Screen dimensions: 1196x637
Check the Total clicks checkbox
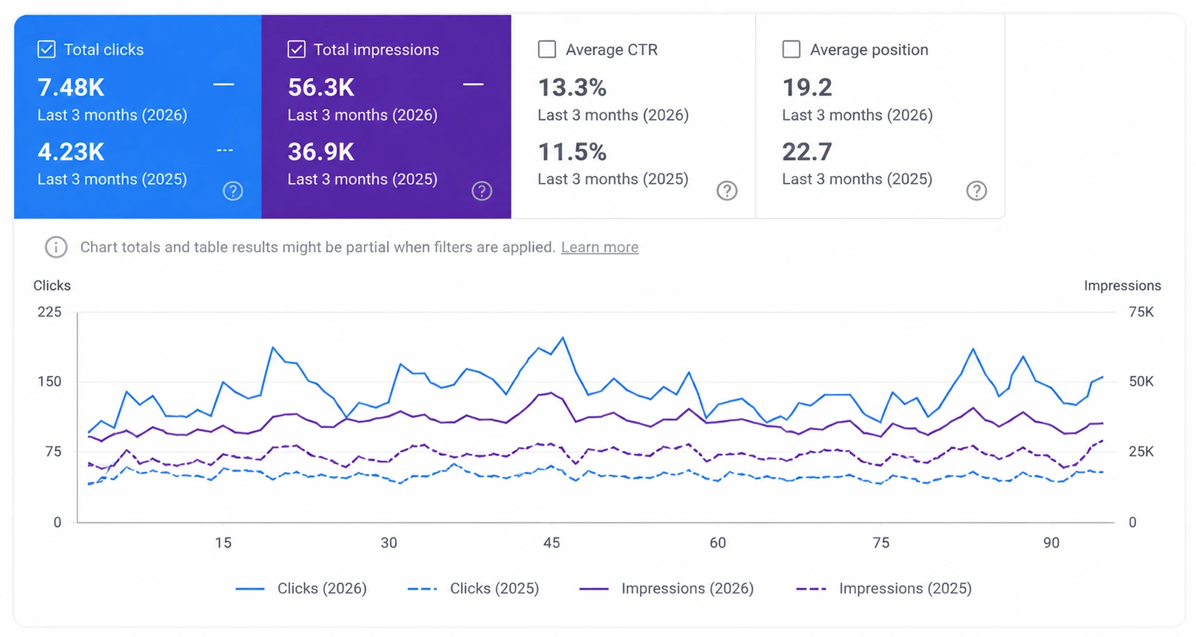point(47,49)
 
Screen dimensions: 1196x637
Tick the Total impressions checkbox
point(296,49)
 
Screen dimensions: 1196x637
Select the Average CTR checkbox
point(547,49)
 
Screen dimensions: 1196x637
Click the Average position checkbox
point(791,49)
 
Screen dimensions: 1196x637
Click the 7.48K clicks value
point(71,88)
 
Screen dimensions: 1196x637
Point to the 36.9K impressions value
point(321,152)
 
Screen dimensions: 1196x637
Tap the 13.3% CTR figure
point(572,88)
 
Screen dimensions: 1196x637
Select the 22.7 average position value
point(807,152)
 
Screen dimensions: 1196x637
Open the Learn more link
point(600,247)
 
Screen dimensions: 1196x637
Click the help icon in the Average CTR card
point(727,191)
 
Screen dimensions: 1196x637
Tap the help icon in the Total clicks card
point(233,191)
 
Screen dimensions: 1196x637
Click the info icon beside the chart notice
point(56,247)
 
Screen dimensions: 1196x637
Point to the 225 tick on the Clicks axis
point(49,312)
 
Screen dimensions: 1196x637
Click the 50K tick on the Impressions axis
point(1141,382)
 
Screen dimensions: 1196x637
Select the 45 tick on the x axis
point(552,543)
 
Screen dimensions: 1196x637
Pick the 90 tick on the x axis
point(1051,543)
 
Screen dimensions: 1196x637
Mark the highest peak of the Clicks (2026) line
point(563,338)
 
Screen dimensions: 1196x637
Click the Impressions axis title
point(1122,285)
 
